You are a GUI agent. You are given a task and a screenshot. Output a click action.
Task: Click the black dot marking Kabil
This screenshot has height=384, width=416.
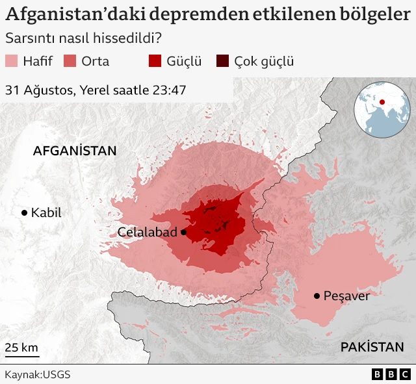pyautogui.click(x=25, y=212)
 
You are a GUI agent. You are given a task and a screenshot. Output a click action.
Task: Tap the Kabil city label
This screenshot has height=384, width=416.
pyautogui.click(x=46, y=212)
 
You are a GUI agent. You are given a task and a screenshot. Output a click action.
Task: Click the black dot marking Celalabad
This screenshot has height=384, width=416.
pyautogui.click(x=184, y=232)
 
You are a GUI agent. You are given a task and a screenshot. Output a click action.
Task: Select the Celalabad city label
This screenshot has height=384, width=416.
pyautogui.click(x=148, y=232)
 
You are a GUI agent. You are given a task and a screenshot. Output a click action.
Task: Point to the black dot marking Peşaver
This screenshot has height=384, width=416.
pyautogui.click(x=317, y=296)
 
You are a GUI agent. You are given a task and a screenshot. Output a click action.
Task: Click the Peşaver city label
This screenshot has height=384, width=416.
pyautogui.click(x=347, y=296)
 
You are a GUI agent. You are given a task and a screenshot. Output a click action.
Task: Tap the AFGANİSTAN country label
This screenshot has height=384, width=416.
pyautogui.click(x=75, y=151)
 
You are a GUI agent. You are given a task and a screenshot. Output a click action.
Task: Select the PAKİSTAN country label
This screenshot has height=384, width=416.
pyautogui.click(x=372, y=346)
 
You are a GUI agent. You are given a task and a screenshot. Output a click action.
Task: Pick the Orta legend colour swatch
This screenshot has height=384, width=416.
pyautogui.click(x=70, y=62)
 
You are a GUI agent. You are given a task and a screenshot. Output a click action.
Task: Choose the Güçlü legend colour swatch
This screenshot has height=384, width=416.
pyautogui.click(x=155, y=62)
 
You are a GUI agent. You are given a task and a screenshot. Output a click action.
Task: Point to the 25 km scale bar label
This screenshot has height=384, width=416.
pyautogui.click(x=21, y=347)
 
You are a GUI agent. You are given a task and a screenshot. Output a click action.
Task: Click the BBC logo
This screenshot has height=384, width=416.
pyautogui.click(x=391, y=375)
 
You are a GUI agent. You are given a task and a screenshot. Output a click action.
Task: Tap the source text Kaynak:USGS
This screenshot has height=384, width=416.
pyautogui.click(x=38, y=375)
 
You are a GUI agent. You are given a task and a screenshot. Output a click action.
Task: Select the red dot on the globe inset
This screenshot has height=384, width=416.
pyautogui.click(x=382, y=101)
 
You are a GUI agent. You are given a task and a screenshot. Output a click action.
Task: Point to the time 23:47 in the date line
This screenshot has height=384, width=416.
pyautogui.click(x=170, y=90)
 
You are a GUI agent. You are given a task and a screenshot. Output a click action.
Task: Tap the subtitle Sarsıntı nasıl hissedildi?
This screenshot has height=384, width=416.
pyautogui.click(x=83, y=39)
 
